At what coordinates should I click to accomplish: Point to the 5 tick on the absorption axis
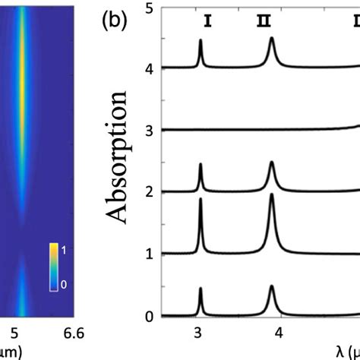tap(150, 7)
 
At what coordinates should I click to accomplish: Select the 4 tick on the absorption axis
tap(150, 68)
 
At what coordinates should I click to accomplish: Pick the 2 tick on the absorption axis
tap(150, 192)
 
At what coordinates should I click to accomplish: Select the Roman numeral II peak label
tap(263, 22)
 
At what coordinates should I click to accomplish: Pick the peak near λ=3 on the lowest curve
tap(201, 289)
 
